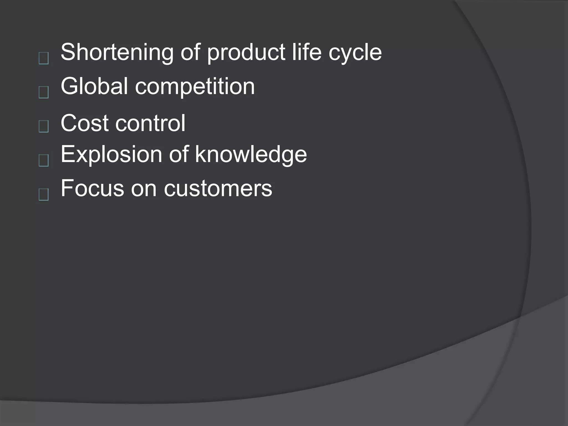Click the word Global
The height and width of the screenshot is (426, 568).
click(94, 86)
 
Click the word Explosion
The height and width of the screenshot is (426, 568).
click(111, 154)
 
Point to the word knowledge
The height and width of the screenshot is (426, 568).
click(251, 154)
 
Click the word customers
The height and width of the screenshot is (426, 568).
click(218, 189)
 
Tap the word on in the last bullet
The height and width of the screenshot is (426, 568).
click(144, 189)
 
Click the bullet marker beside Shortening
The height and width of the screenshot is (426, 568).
click(44, 59)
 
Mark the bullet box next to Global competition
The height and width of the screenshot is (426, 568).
click(44, 92)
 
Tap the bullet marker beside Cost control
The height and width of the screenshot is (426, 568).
click(44, 126)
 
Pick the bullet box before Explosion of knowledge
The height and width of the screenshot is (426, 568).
click(44, 160)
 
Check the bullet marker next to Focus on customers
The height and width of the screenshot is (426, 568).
click(44, 194)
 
